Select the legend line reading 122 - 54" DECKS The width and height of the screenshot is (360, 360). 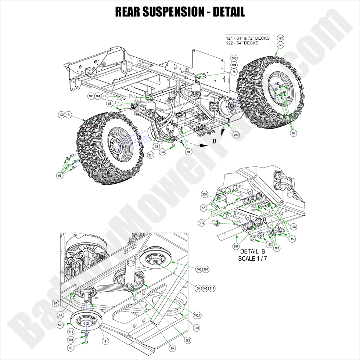point(242,43)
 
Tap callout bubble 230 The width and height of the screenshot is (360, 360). point(236,135)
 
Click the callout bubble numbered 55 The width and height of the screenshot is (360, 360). point(109,104)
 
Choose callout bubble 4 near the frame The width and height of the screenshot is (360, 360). point(119,102)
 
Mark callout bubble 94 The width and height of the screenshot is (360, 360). point(188,151)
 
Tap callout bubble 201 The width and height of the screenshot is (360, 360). point(235,246)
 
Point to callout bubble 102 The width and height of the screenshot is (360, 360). point(277,248)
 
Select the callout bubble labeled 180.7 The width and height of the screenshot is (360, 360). point(197,315)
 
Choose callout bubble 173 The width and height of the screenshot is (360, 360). point(188,341)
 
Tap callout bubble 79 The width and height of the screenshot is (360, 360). point(172,348)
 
